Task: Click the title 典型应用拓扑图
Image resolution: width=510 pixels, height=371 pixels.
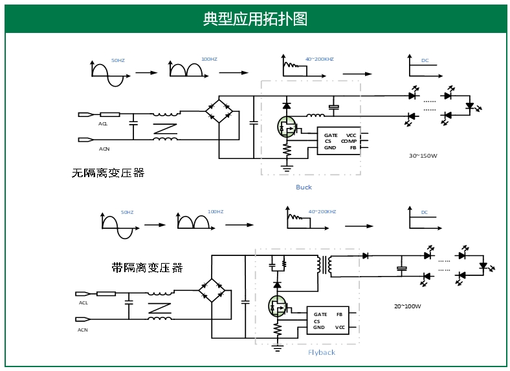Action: [x=255, y=19]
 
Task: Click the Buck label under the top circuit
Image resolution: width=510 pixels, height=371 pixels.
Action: [x=304, y=187]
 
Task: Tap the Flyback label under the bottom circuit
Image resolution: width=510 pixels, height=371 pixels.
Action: [x=322, y=352]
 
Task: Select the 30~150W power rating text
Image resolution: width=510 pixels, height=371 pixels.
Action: [x=423, y=156]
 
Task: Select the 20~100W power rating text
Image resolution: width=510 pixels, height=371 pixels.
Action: [x=408, y=306]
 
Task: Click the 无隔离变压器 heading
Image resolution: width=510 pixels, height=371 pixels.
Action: [x=108, y=173]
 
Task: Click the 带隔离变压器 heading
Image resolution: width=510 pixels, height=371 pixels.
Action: [x=147, y=267]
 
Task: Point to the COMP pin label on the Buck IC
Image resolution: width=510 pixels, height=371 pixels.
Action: [x=349, y=142]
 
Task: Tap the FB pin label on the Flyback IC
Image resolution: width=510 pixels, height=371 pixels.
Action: [x=339, y=314]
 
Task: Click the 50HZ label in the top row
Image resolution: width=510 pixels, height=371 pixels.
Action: [x=118, y=60]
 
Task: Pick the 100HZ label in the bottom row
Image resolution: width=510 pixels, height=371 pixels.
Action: [x=216, y=212]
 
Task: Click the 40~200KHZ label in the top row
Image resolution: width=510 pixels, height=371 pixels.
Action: [x=319, y=59]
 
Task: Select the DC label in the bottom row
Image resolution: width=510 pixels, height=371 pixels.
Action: [x=425, y=212]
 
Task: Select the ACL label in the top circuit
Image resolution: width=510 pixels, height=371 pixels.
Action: [x=103, y=123]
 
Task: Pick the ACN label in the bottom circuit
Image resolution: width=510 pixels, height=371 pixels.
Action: [x=83, y=330]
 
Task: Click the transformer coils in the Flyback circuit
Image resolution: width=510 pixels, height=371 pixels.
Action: [x=324, y=264]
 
